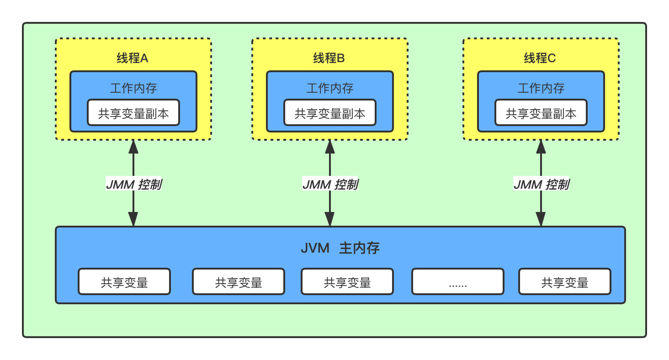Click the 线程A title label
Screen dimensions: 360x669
point(133,58)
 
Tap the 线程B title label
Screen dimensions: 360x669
point(329,58)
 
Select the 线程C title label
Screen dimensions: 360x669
point(540,58)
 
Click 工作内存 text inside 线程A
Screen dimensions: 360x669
point(133,88)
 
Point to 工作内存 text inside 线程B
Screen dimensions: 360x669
point(330,88)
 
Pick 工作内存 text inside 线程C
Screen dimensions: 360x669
point(541,88)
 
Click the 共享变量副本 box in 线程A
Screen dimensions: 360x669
point(133,113)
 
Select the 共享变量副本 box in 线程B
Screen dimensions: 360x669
point(330,113)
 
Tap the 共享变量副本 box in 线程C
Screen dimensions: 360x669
point(541,113)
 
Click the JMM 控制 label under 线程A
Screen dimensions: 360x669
point(133,185)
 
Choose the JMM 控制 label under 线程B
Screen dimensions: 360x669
point(330,185)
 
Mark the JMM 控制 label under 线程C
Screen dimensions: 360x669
point(541,185)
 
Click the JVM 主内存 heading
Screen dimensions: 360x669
point(340,249)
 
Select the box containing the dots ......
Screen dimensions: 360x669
point(458,282)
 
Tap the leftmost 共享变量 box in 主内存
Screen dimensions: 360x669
point(124,282)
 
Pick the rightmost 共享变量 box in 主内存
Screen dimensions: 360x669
point(565,282)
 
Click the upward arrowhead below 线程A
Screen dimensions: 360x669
point(133,146)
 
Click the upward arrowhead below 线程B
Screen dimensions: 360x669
point(330,146)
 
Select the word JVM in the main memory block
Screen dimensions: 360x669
point(315,249)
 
